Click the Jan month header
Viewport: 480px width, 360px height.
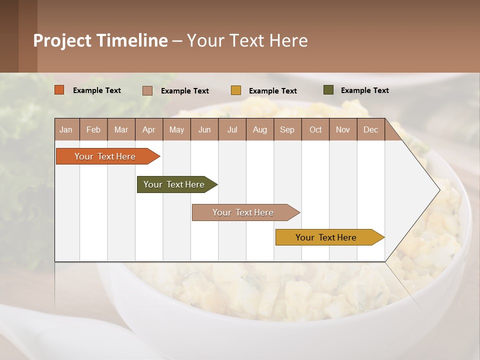(66, 129)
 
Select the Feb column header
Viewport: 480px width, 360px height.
(93, 129)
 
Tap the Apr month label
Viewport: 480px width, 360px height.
(148, 129)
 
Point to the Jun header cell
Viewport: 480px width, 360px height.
(204, 129)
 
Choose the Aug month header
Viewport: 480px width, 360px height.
(259, 129)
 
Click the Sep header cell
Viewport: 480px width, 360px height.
(287, 129)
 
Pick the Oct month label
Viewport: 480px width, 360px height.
(315, 129)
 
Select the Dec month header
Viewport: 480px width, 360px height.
(370, 129)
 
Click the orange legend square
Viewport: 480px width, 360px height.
(59, 90)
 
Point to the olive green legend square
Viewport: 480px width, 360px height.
(328, 90)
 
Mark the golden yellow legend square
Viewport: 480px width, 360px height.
(236, 90)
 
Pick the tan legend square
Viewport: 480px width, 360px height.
(147, 90)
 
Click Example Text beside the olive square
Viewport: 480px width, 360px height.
(364, 90)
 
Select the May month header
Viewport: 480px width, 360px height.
(176, 129)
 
